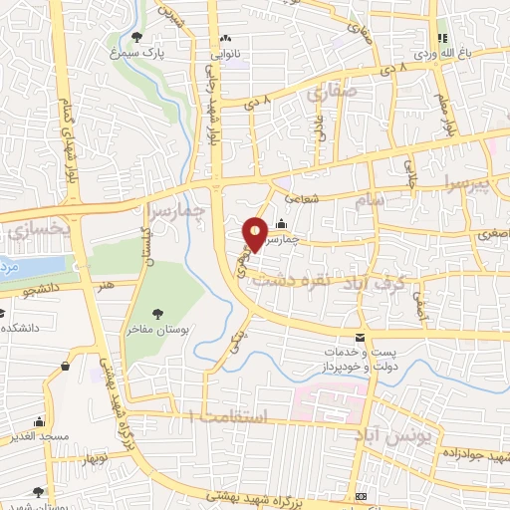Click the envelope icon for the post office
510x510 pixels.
coord(360,338)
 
